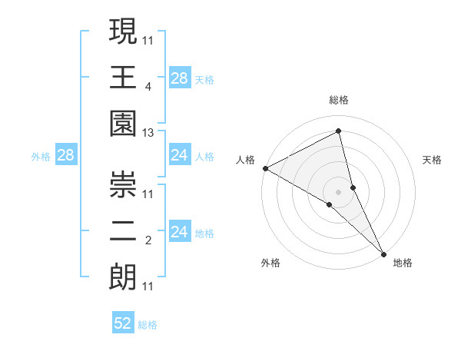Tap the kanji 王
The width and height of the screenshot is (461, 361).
pyautogui.click(x=123, y=78)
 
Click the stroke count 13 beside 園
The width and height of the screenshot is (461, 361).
pyautogui.click(x=148, y=134)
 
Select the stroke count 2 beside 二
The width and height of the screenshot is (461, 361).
pyautogui.click(x=148, y=241)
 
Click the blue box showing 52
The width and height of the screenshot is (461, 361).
pyautogui.click(x=123, y=323)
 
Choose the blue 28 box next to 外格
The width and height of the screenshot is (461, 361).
pyautogui.click(x=66, y=156)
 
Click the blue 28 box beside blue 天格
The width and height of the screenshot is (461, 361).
pyautogui.click(x=180, y=78)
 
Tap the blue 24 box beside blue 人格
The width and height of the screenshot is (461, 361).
pyautogui.click(x=180, y=156)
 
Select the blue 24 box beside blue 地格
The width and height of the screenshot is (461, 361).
pyautogui.click(x=180, y=233)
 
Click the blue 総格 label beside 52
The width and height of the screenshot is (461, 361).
pyautogui.click(x=148, y=325)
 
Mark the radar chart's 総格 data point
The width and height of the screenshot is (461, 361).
pyautogui.click(x=338, y=131)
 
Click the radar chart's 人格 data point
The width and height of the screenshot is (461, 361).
pyautogui.click(x=265, y=167)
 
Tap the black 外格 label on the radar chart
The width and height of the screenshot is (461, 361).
pyautogui.click(x=270, y=263)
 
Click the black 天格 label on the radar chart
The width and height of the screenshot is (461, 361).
pyautogui.click(x=433, y=160)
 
